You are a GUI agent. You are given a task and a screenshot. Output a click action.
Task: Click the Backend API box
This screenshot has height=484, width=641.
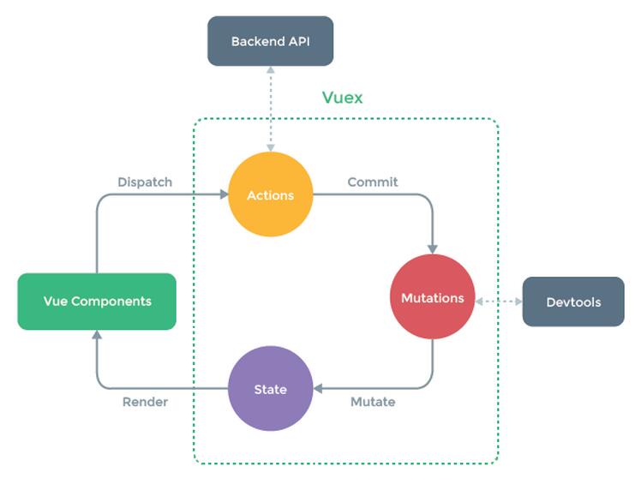tap(270, 41)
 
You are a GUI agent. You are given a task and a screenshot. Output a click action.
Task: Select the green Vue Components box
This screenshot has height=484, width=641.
tap(97, 302)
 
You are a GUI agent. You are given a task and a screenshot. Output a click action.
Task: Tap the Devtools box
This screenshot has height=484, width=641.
tap(573, 302)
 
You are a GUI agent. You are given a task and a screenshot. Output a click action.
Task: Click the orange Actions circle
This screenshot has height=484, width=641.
tap(270, 194)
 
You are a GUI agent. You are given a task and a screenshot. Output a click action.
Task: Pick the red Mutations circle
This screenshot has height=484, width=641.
tap(433, 296)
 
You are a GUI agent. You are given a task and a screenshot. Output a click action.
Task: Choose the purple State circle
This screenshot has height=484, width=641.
tap(270, 388)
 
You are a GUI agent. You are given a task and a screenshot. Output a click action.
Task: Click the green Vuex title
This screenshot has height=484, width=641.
tap(342, 98)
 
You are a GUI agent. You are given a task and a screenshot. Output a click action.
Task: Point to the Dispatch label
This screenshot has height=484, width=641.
tap(145, 182)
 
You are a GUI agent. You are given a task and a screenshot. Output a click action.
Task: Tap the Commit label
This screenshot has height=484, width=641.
tap(373, 182)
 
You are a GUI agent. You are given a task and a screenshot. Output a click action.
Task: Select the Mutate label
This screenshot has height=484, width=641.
tap(373, 402)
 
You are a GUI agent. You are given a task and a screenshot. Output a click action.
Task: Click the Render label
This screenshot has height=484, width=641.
tap(145, 402)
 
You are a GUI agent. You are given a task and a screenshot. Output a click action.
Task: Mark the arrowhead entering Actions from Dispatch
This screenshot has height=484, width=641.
tap(224, 194)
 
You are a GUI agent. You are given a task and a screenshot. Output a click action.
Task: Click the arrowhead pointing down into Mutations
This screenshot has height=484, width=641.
tap(433, 249)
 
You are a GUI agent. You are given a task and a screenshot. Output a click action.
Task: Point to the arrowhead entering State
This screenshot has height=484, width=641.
tap(318, 388)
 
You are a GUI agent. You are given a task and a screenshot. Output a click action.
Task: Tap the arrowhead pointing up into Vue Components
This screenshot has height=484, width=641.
tap(97, 334)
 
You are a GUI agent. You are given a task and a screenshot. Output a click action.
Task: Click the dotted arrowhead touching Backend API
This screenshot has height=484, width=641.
tap(270, 70)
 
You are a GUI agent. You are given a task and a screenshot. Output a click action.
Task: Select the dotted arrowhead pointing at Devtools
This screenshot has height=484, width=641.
tap(518, 302)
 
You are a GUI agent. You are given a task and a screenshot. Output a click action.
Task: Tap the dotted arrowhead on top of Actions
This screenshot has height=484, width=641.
tap(270, 147)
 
